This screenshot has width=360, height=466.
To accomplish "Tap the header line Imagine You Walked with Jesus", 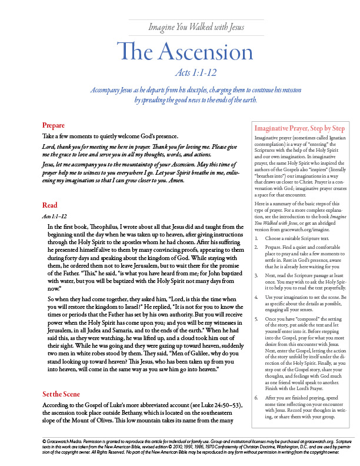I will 195,27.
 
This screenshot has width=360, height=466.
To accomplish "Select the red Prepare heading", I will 53,125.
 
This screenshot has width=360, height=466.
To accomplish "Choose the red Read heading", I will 49,205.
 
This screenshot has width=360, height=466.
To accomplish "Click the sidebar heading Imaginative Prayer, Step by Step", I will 298,128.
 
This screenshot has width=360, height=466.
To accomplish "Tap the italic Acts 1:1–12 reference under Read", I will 55,217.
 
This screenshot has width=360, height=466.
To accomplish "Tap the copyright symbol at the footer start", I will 44,440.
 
